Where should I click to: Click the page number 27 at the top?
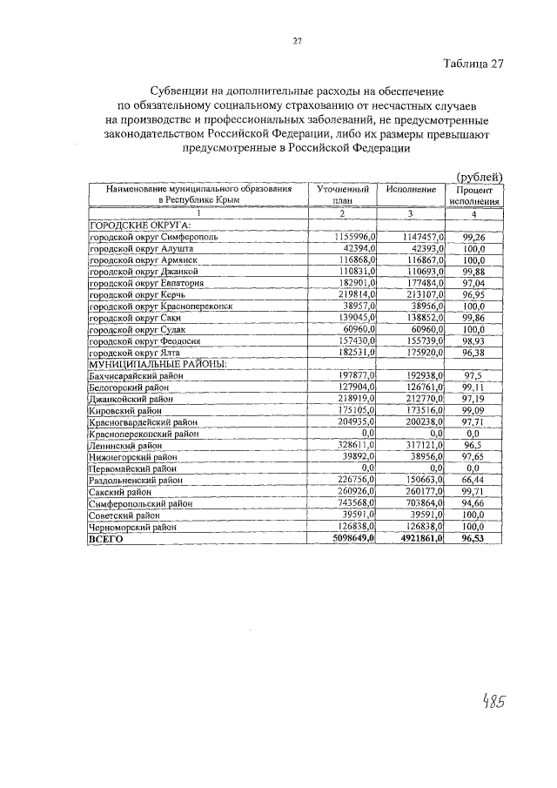pyautogui.click(x=297, y=41)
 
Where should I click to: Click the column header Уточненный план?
pyautogui.click(x=342, y=194)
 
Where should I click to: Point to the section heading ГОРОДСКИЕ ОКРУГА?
pyautogui.click(x=139, y=225)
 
